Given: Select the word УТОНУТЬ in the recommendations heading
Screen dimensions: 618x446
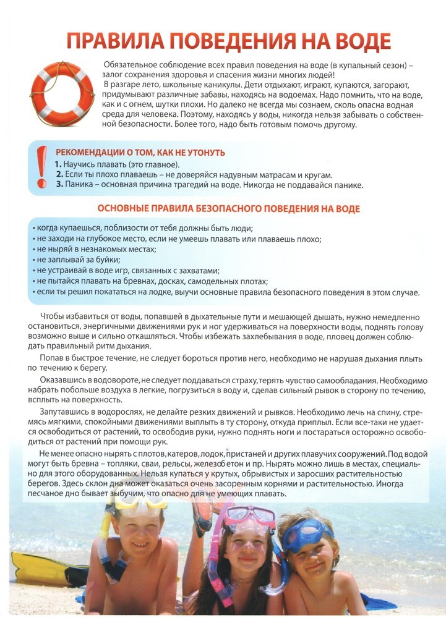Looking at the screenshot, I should pos(205,153).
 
